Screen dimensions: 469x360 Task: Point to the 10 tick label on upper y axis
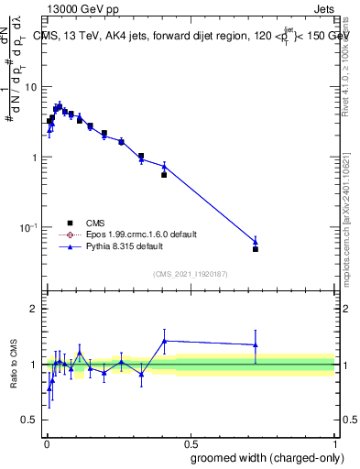[x=30, y=87]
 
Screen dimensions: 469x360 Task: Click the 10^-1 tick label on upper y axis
[x=29, y=227]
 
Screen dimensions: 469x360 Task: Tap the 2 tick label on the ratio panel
[x=34, y=309]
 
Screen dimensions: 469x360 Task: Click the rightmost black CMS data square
[x=256, y=249]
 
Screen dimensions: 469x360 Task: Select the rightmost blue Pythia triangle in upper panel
[x=256, y=242]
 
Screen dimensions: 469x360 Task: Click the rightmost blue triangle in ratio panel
[x=256, y=345]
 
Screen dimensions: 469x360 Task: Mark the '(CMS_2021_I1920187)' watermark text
[x=190, y=274]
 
